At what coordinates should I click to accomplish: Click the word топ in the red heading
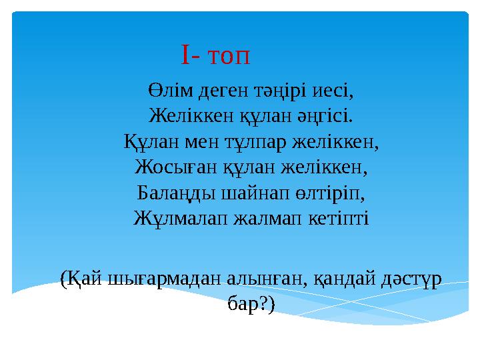point(229,57)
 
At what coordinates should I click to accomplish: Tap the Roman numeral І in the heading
point(185,57)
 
